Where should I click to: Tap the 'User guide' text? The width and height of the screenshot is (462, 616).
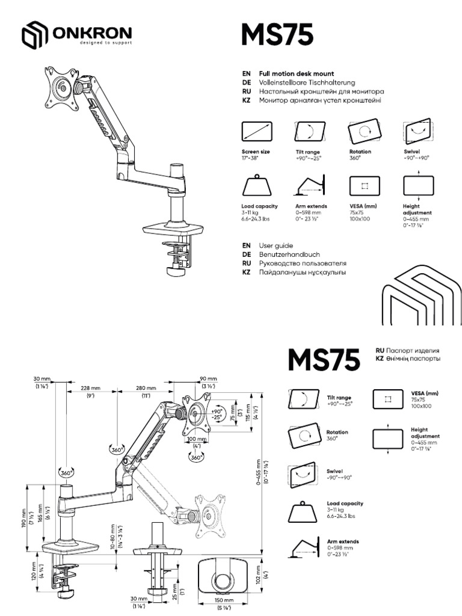point(276,245)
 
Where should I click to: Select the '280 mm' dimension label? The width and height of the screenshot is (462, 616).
point(146,388)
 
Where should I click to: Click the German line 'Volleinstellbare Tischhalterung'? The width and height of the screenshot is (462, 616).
point(307,82)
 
